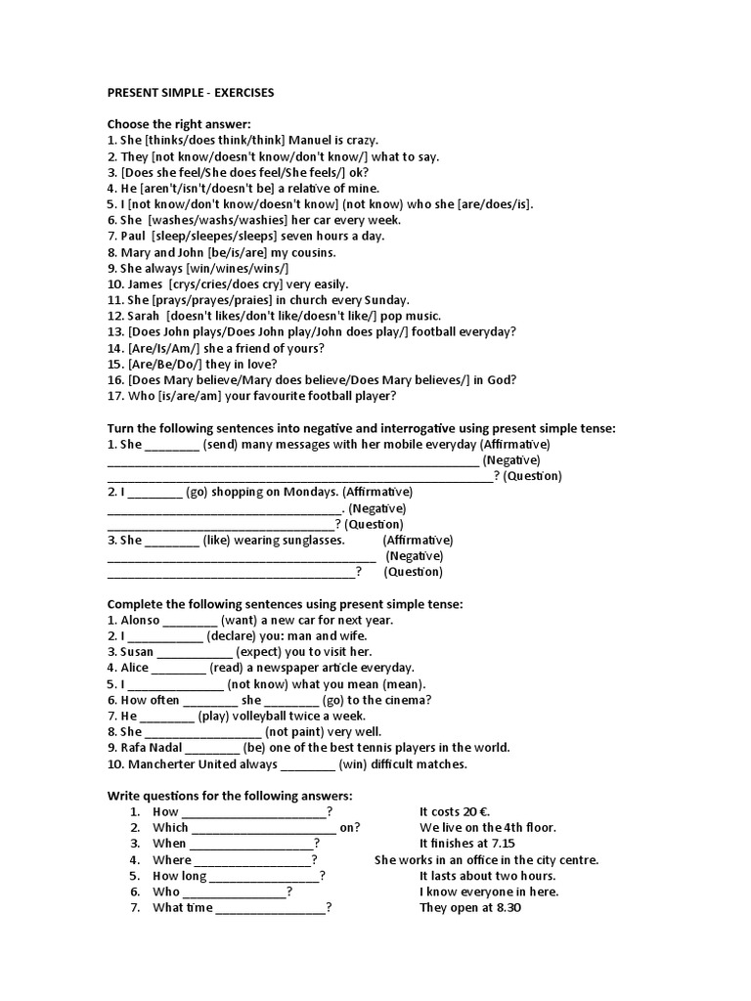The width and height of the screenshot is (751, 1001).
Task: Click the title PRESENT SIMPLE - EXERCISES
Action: tap(191, 93)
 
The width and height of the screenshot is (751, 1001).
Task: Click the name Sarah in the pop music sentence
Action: tap(143, 316)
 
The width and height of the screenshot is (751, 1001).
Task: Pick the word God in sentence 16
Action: tap(502, 380)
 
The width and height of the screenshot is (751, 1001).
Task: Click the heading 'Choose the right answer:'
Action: tap(179, 124)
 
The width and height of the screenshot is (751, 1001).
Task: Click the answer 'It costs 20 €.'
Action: tap(455, 812)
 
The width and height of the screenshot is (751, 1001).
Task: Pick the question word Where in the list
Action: tap(172, 860)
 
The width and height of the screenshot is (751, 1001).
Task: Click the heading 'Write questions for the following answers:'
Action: tap(229, 797)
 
